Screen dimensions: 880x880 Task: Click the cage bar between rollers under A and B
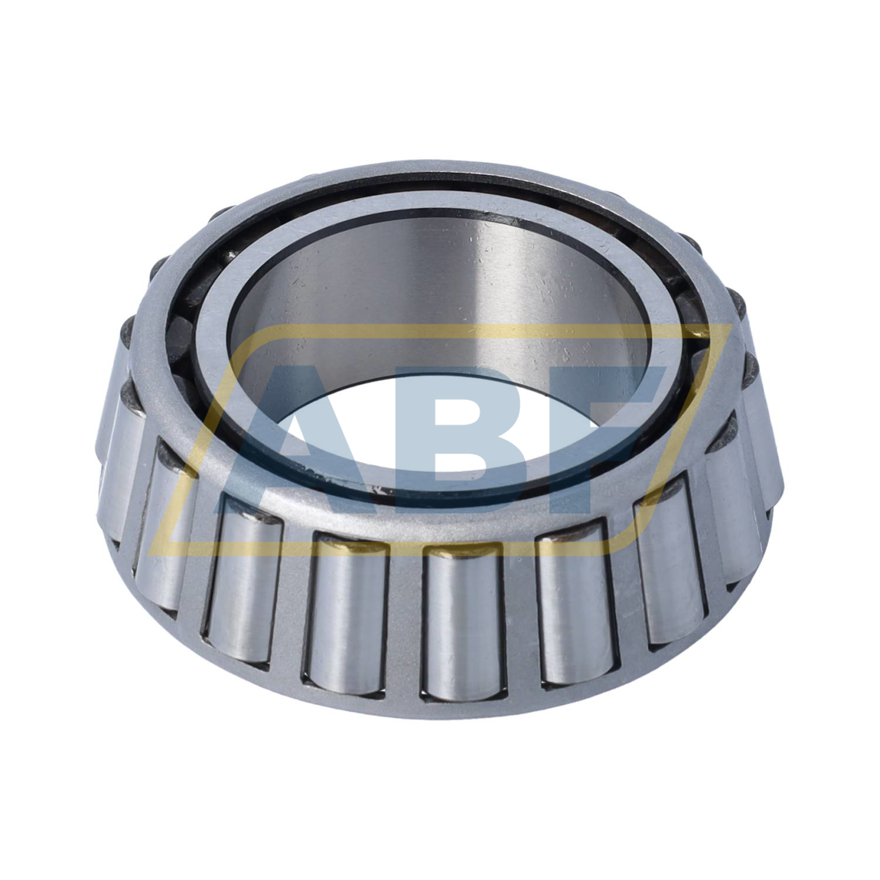[x=405, y=622]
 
